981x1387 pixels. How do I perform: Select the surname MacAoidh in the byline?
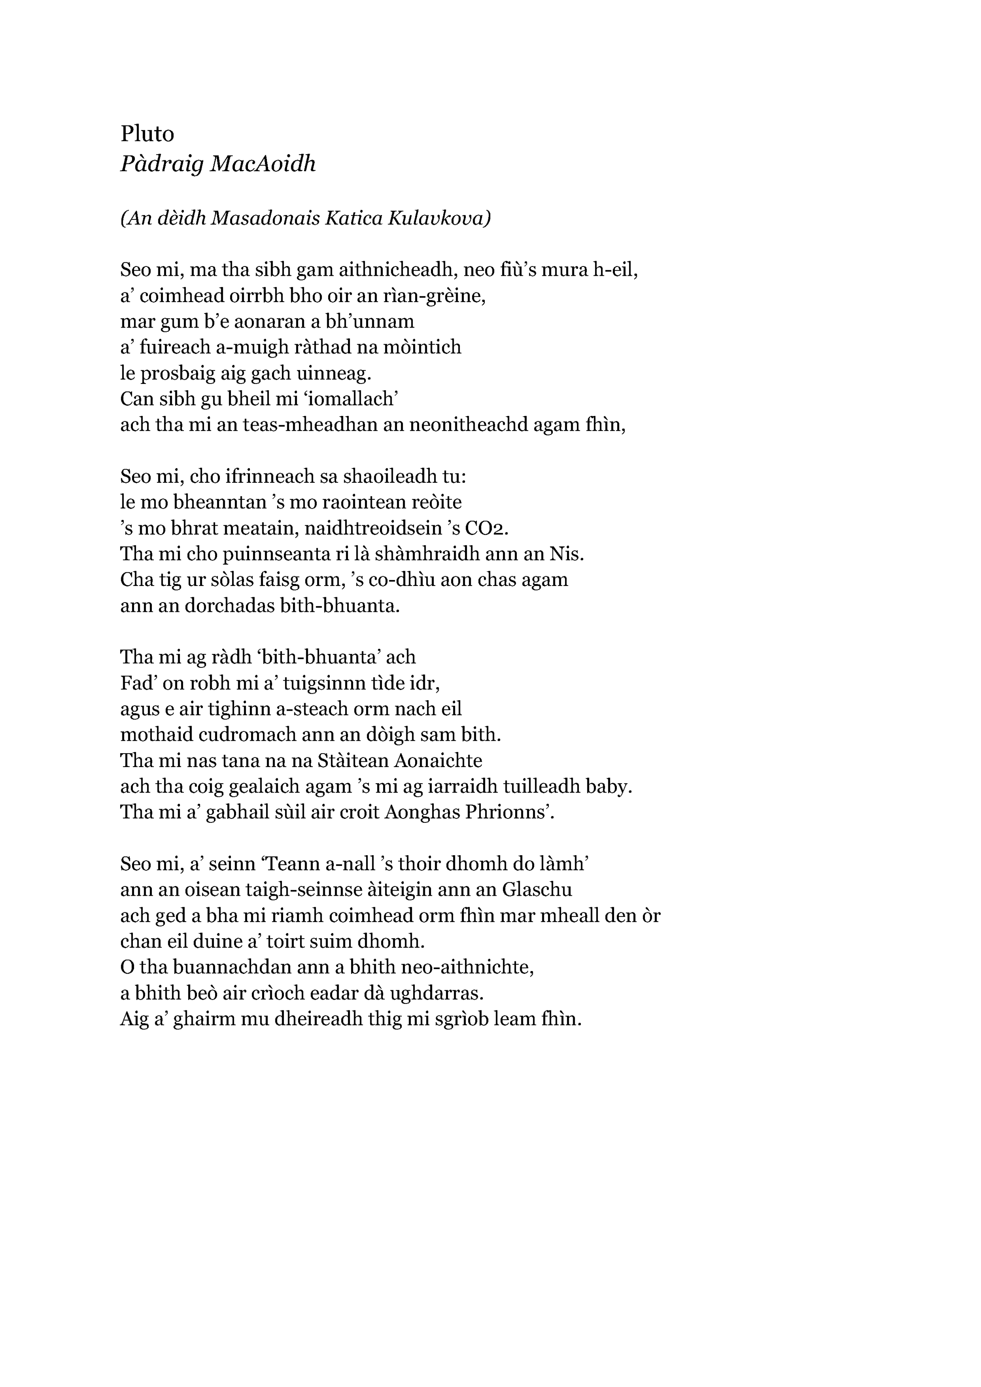[263, 164]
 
